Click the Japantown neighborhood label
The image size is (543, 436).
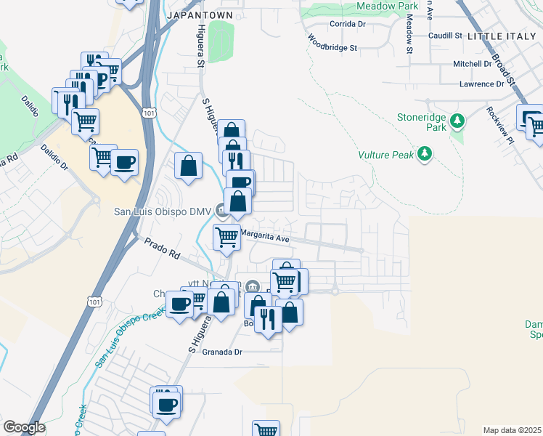200,15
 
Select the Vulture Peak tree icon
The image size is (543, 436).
425,153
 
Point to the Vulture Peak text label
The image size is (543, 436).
385,155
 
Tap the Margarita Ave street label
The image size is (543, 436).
265,237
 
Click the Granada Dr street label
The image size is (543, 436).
223,351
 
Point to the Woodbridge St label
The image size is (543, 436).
333,43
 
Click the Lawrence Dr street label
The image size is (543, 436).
481,84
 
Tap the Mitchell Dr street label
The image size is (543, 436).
473,64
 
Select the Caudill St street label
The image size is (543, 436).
445,35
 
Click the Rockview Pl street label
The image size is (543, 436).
500,124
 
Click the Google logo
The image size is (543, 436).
24,427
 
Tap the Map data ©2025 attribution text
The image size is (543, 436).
512,430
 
